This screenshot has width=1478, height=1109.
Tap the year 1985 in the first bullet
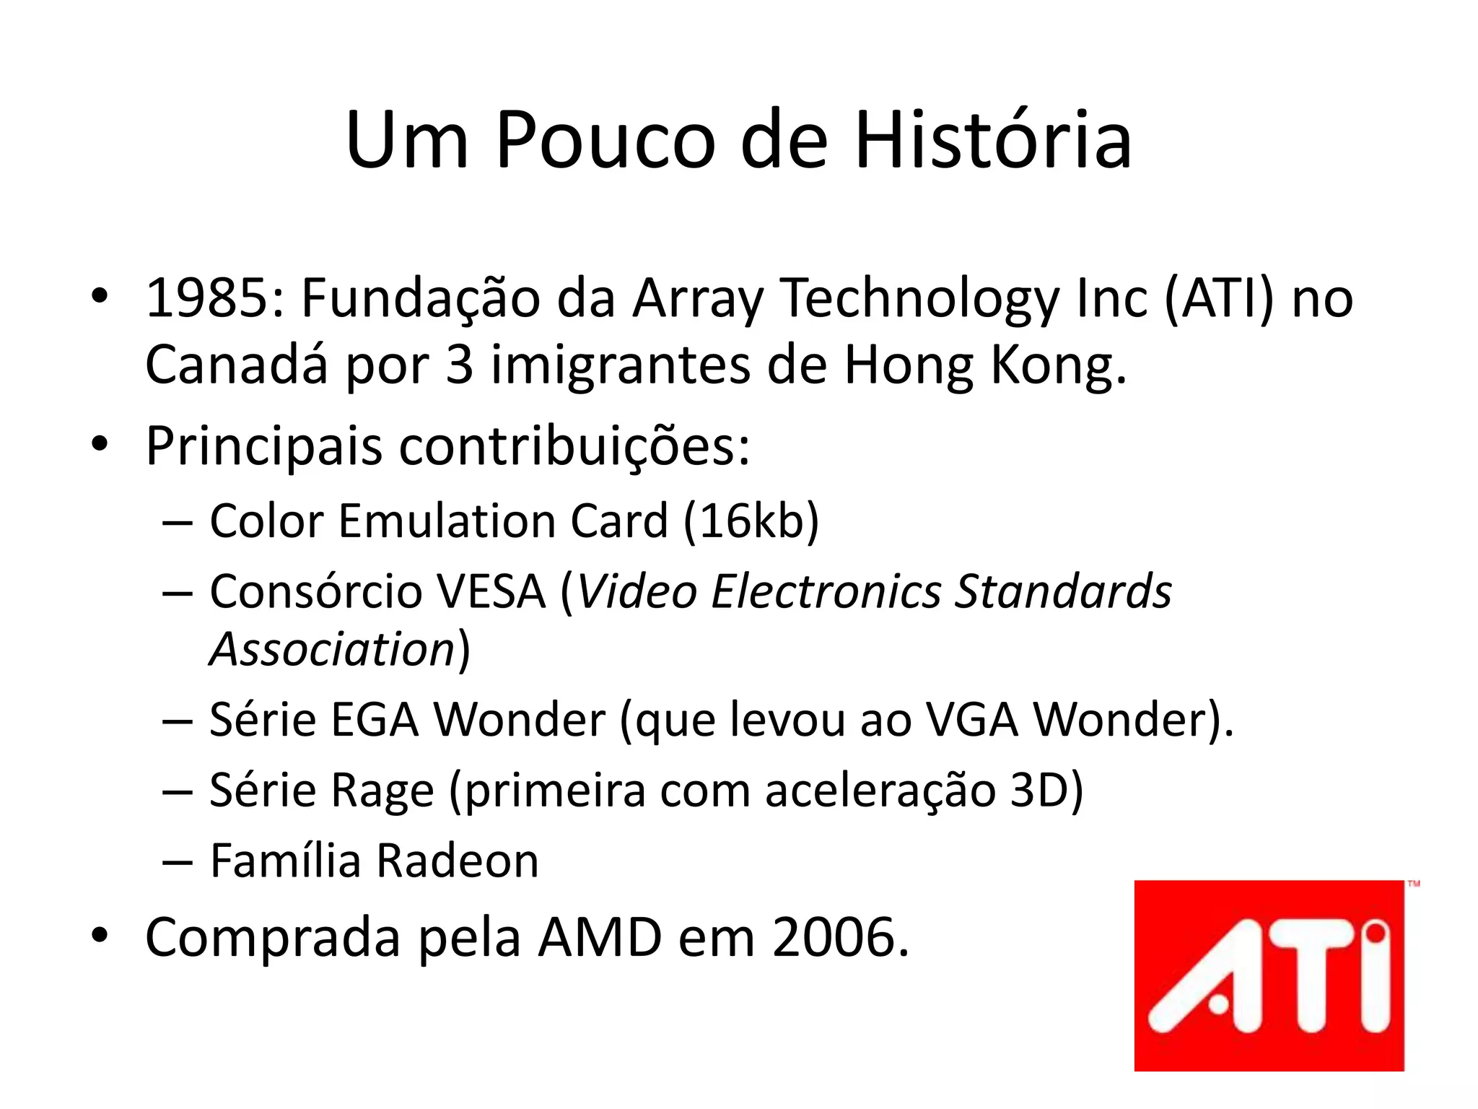click(x=212, y=297)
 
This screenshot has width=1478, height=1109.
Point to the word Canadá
click(x=237, y=365)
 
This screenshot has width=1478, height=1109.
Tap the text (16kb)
click(x=751, y=520)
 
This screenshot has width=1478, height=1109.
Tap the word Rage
click(x=382, y=790)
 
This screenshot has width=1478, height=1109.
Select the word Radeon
click(x=458, y=861)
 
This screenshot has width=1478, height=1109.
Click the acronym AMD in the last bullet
click(x=600, y=937)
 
